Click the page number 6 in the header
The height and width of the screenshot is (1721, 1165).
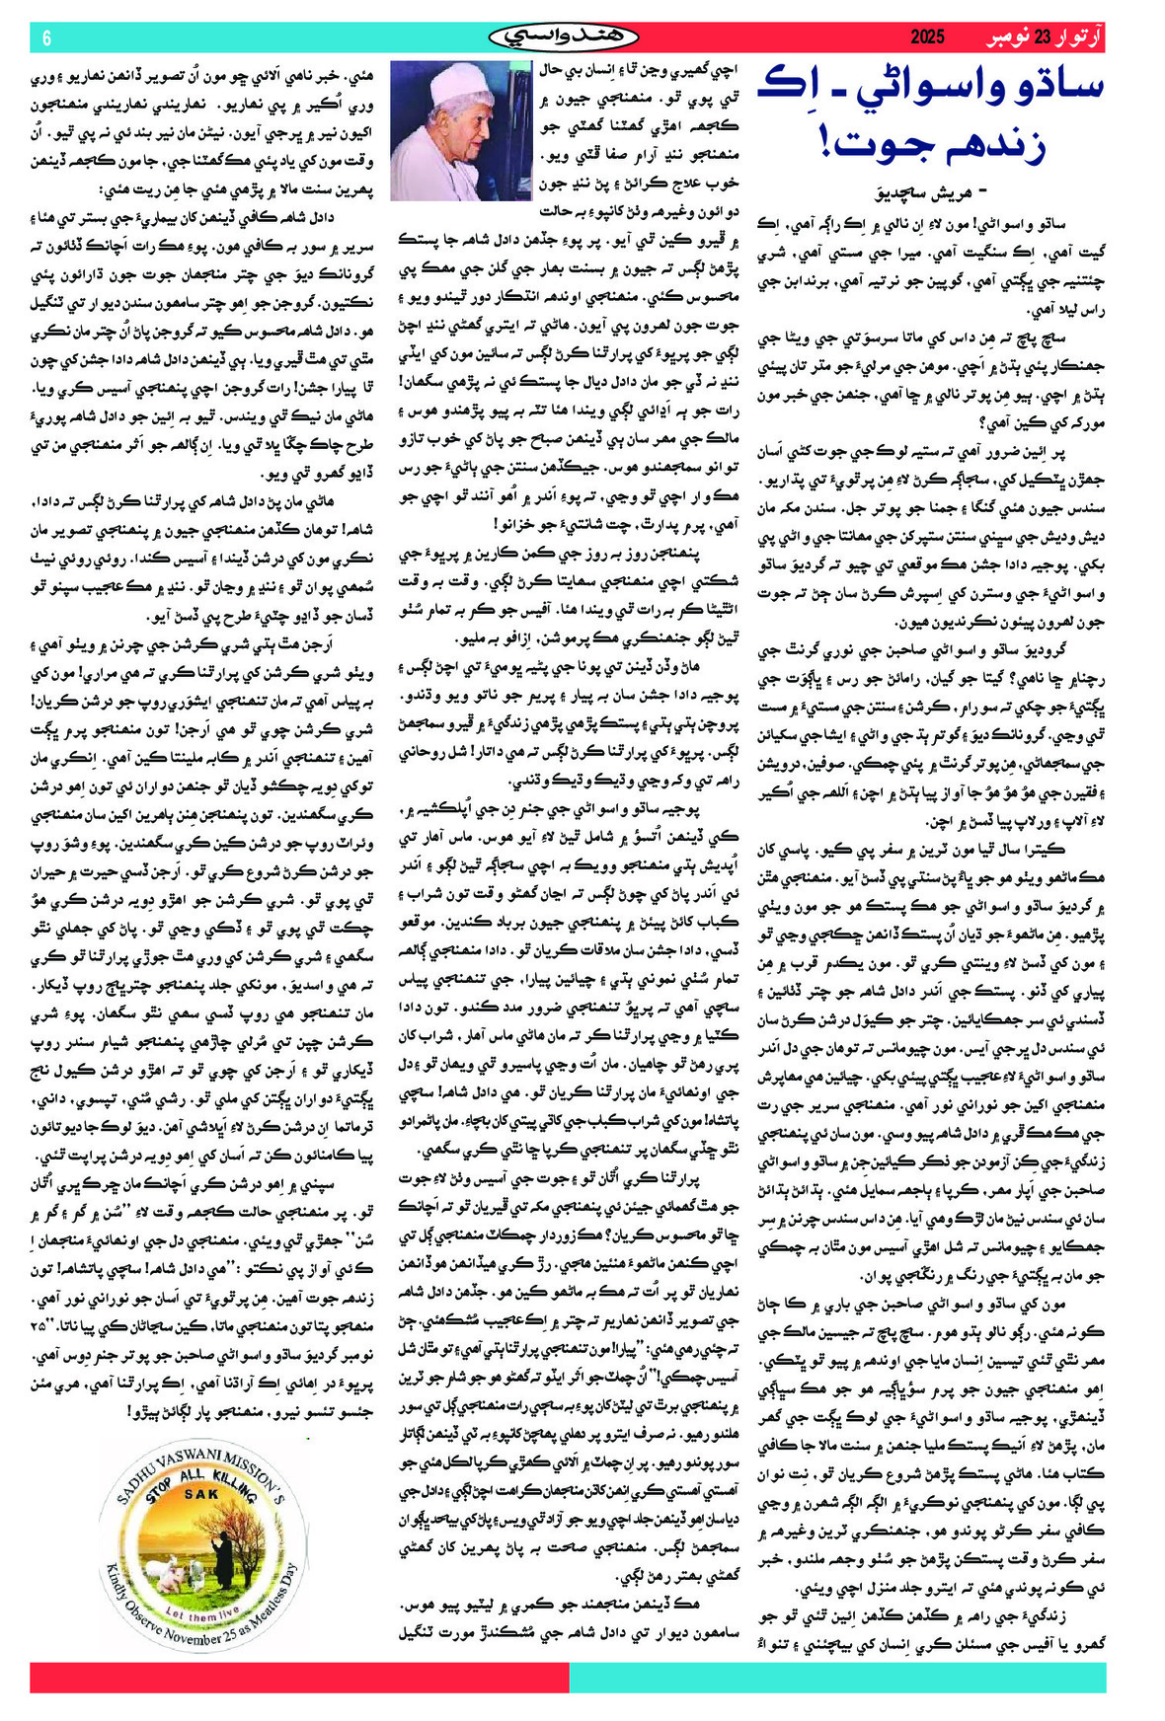point(46,37)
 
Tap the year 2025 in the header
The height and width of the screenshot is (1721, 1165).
point(927,37)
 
